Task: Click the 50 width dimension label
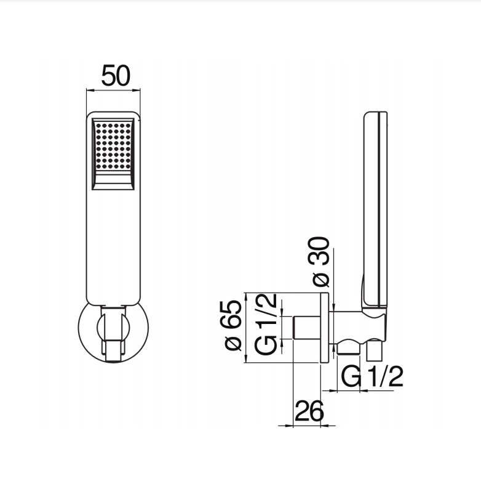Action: (x=116, y=76)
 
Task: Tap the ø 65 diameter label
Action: (x=233, y=325)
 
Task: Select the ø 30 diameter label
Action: (x=320, y=262)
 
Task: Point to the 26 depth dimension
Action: (x=309, y=411)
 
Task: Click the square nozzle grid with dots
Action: (x=113, y=145)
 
